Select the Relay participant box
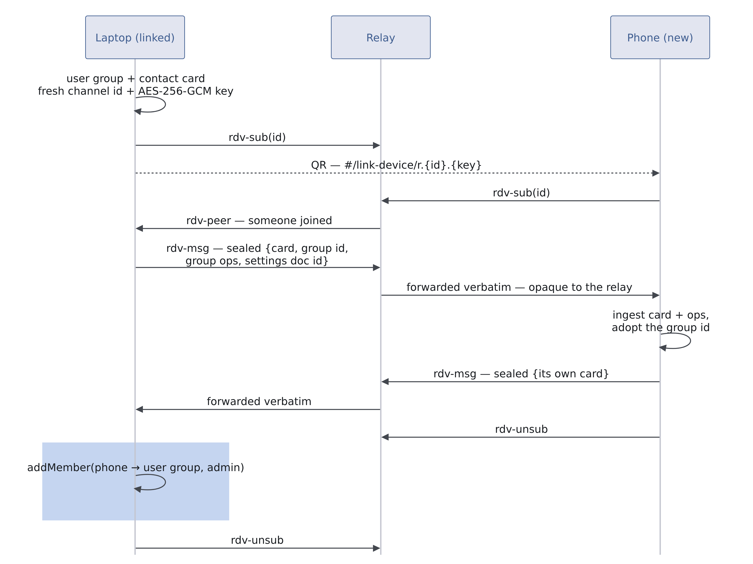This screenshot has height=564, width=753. click(381, 37)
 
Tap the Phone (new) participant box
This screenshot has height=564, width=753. click(660, 37)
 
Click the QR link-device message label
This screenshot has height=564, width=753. click(396, 165)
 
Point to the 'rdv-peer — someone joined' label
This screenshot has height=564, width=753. click(259, 221)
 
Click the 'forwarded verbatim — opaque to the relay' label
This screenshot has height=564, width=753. click(519, 287)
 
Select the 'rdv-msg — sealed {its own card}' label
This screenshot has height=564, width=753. click(521, 374)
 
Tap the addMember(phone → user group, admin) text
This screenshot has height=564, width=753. click(135, 467)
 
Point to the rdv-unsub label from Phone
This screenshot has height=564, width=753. click(521, 429)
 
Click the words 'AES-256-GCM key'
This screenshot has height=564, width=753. click(186, 91)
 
